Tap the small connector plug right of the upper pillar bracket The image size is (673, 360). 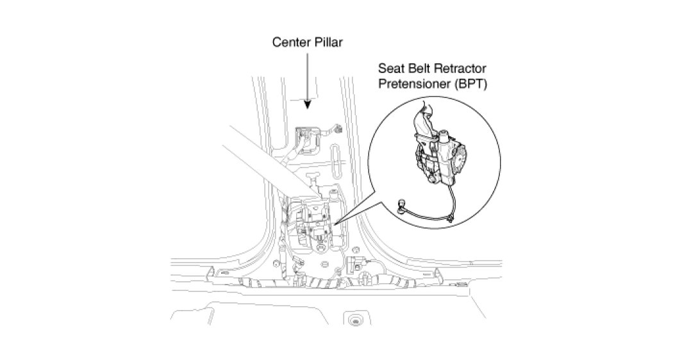pos(336,130)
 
